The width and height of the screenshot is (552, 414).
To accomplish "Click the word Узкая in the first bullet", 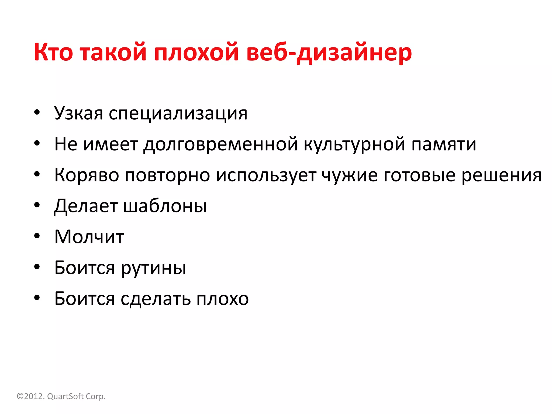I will pyautogui.click(x=78, y=113).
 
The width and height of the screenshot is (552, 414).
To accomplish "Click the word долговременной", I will pyautogui.click(x=220, y=144).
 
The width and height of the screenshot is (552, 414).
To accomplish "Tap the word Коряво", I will pyautogui.click(x=87, y=175).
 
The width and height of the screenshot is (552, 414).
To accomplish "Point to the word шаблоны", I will pyautogui.click(x=165, y=206).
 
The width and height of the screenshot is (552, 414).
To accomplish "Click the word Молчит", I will pyautogui.click(x=89, y=237).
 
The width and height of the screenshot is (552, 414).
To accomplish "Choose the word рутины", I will pyautogui.click(x=153, y=268).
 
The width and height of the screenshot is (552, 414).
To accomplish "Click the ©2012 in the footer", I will pyautogui.click(x=30, y=396).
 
